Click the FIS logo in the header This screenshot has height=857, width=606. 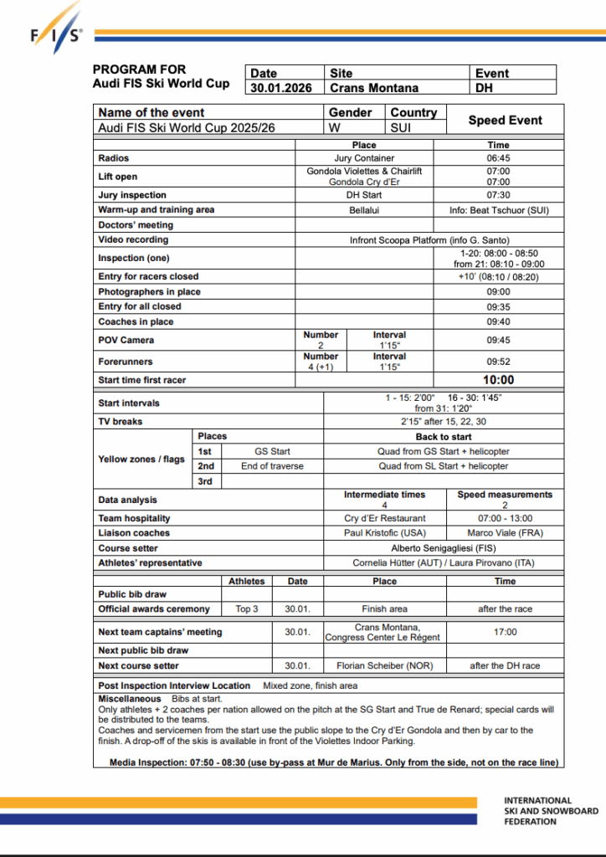point(57,30)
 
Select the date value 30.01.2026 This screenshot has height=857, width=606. point(281,87)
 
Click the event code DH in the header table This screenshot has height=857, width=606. point(485,87)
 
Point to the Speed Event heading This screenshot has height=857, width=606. point(505,120)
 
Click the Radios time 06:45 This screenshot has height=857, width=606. point(498,157)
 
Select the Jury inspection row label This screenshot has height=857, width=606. point(132,195)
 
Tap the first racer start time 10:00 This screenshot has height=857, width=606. point(498,380)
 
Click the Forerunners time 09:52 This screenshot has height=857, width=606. point(498,362)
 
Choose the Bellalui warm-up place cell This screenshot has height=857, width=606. point(364,210)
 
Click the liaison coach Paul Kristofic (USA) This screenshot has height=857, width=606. point(384,532)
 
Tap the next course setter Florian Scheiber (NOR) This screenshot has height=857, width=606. point(384,665)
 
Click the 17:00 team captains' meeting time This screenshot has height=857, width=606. point(505,632)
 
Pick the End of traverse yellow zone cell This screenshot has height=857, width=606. point(272,466)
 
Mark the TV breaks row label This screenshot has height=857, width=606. point(121,422)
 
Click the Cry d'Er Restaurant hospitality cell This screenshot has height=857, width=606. point(384,518)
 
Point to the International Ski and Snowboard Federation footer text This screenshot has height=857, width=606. point(551,810)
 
